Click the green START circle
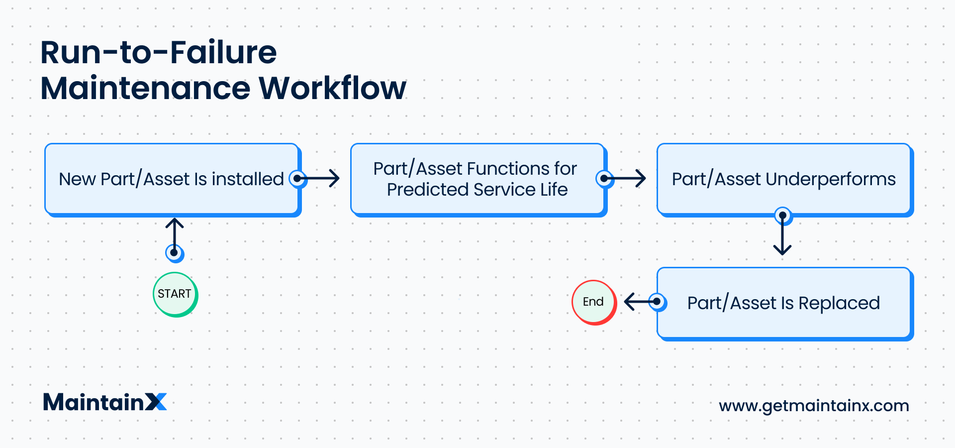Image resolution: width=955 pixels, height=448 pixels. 175,294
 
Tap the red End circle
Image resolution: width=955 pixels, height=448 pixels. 593,302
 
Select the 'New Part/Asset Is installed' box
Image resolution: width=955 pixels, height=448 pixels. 172,179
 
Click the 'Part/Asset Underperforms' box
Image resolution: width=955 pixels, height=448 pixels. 784,179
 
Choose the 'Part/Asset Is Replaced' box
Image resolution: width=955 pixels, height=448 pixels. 784,303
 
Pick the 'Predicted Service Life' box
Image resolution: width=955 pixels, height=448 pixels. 477,179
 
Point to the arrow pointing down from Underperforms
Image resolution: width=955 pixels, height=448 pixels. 782,236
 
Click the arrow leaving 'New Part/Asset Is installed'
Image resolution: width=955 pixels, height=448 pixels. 321,178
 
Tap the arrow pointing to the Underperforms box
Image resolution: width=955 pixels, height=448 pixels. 627,178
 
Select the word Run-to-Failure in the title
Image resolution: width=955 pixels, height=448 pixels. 158,52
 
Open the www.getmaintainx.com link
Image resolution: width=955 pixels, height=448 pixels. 814,406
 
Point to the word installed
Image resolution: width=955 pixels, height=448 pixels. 247,179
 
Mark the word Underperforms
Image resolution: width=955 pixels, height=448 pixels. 830,179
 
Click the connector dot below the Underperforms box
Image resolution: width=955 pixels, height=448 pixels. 783,216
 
